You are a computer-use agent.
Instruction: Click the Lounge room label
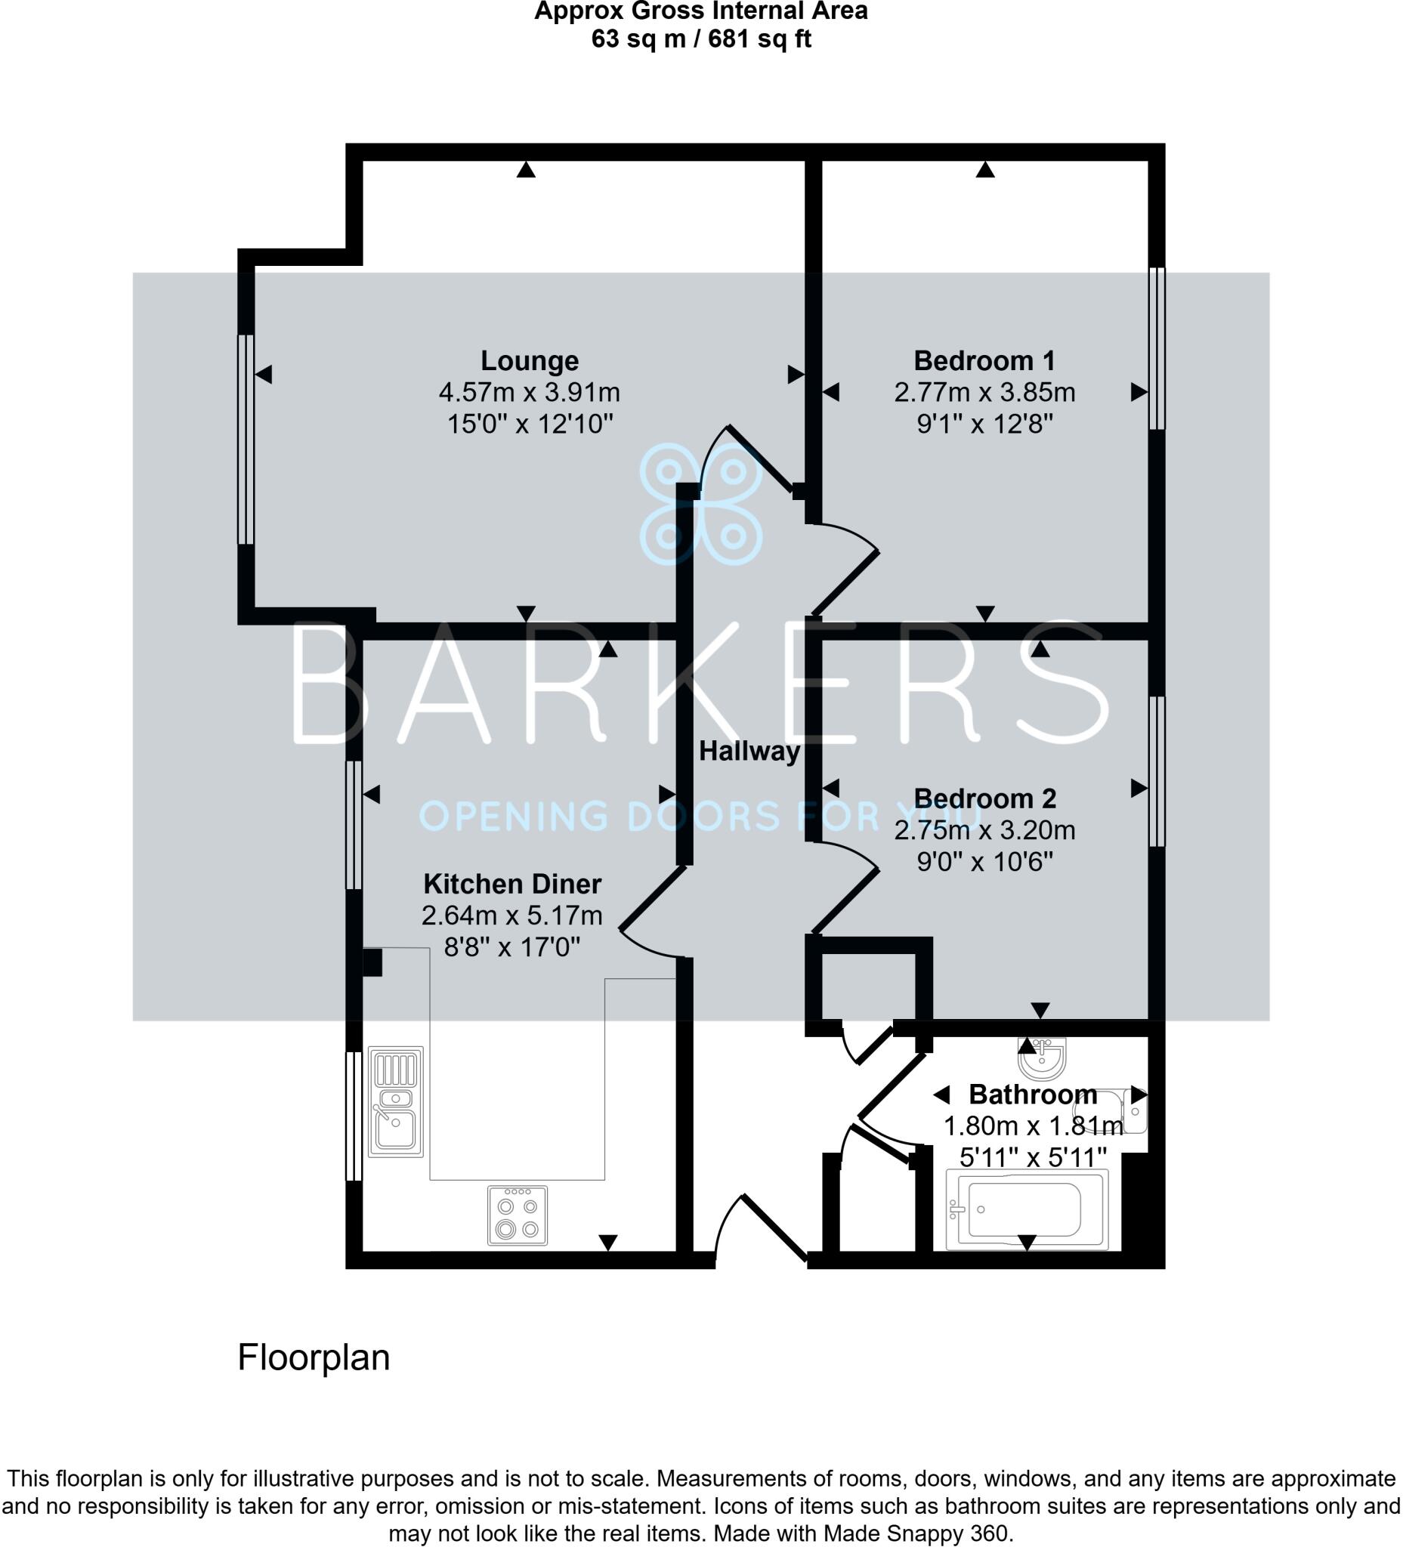[x=529, y=360]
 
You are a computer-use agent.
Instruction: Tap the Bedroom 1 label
[x=984, y=360]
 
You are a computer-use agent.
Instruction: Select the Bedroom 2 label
[x=984, y=799]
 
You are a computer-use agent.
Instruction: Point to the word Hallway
[x=749, y=752]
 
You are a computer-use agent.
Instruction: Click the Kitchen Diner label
[x=512, y=884]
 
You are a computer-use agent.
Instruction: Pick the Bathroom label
[x=1032, y=1094]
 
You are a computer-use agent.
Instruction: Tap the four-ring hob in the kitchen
[x=518, y=1215]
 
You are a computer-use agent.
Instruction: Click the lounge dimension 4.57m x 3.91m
[x=529, y=393]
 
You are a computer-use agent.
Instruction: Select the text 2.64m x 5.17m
[x=512, y=916]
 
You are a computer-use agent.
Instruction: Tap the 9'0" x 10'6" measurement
[x=984, y=863]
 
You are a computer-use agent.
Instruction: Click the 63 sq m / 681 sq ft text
[x=700, y=39]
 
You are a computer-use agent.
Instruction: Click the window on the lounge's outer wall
[x=246, y=439]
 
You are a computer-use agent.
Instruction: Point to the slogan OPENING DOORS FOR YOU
[x=700, y=817]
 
